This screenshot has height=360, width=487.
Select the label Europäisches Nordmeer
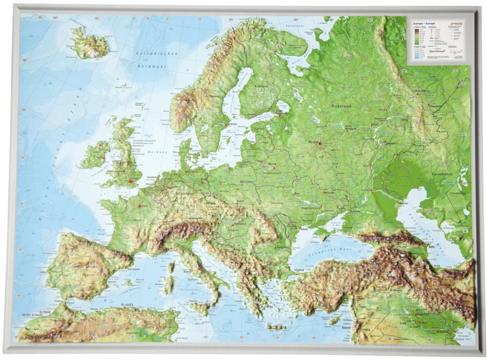(158, 60)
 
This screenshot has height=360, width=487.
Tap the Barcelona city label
(135, 269)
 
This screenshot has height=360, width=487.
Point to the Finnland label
(261, 87)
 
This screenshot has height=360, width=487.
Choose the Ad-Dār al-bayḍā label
(33, 315)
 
